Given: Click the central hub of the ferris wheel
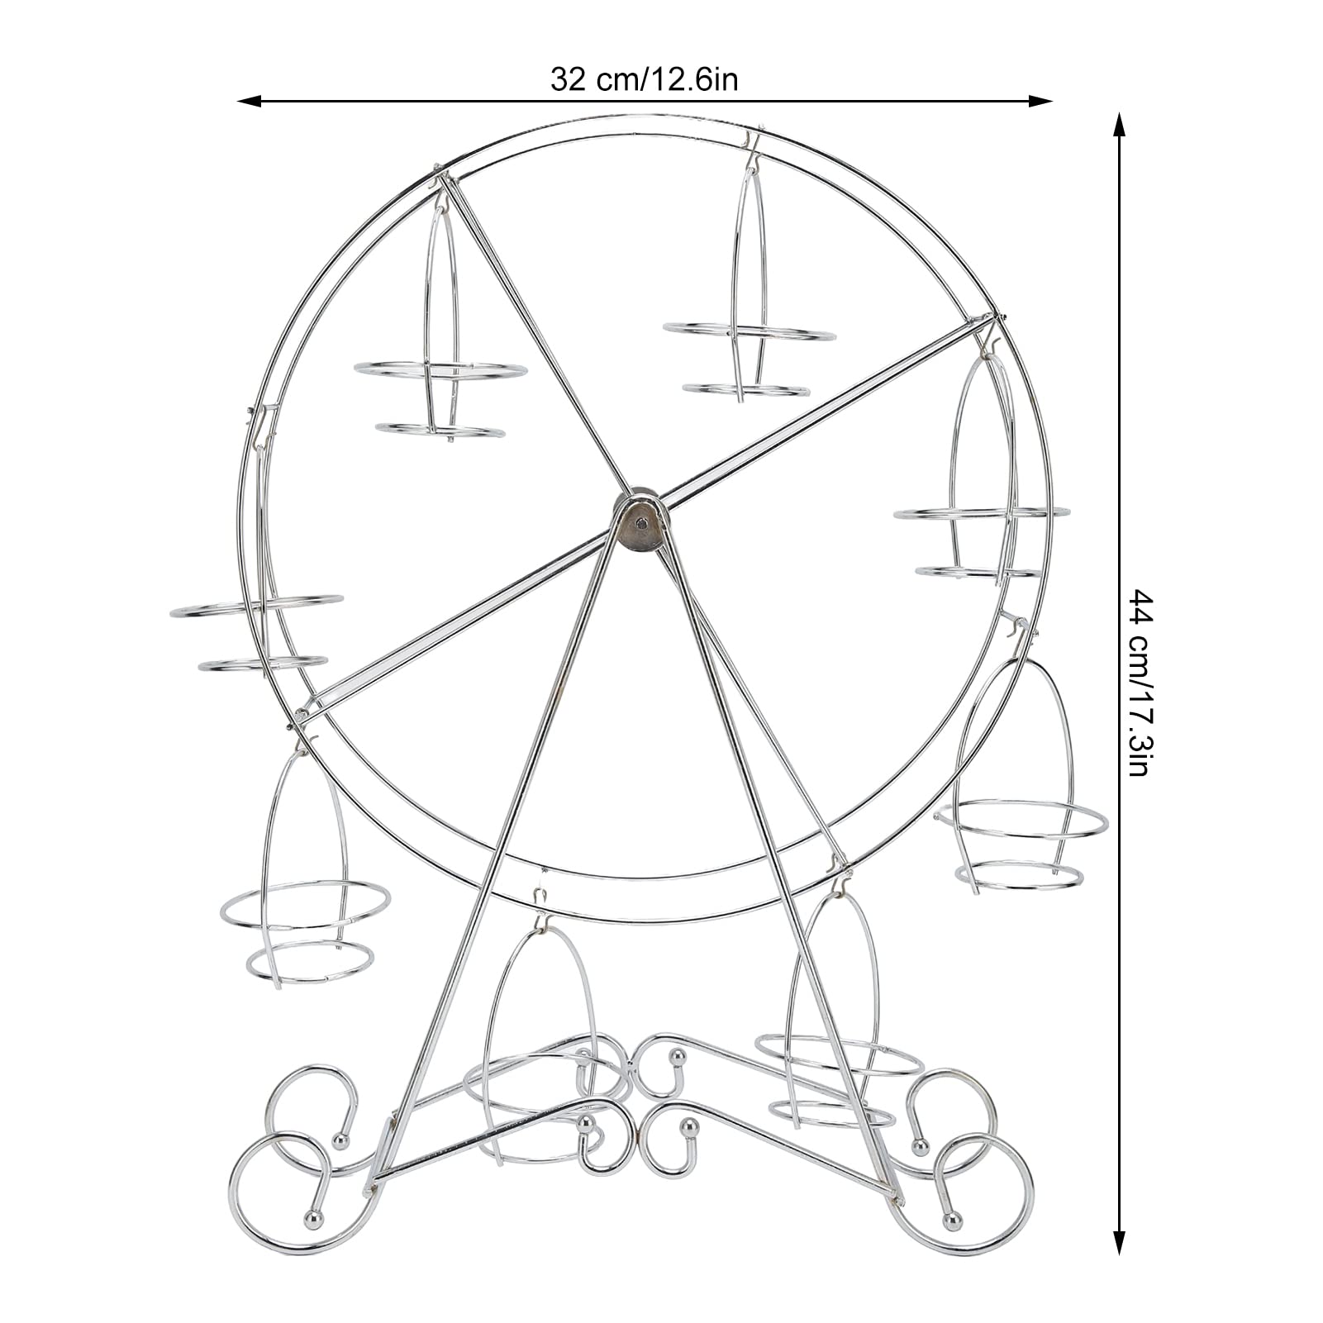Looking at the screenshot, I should pos(640,522).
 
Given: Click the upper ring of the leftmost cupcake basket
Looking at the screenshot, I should pos(256,606).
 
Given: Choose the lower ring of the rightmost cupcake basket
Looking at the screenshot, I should pos(1018,876).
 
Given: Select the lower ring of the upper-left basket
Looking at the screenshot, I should pos(439,431).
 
